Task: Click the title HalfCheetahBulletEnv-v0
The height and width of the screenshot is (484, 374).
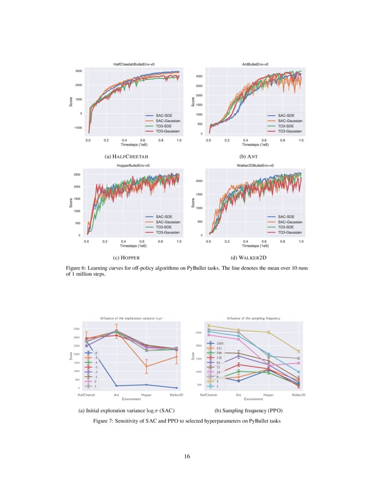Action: coord(133,65)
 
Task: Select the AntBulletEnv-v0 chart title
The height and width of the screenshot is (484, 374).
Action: coord(255,65)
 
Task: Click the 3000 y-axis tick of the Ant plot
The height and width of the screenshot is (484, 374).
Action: coord(199,76)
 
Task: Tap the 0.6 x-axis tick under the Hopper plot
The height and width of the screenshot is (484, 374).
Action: coord(142,242)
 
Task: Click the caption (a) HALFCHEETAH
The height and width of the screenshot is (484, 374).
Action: coord(133,156)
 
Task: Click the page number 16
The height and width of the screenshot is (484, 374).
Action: coord(187,456)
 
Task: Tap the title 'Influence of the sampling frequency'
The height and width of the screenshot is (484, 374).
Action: coord(253,318)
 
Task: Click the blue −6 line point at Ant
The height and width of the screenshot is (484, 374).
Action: coord(117,386)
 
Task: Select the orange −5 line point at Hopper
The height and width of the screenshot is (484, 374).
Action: coord(147,366)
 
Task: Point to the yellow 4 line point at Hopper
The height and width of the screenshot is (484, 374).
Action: coord(268,332)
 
